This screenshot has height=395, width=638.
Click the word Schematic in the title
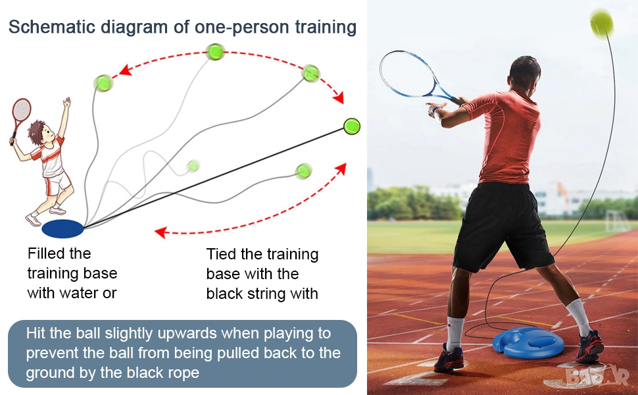click(x=52, y=27)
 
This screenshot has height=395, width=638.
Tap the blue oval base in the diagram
click(x=62, y=228)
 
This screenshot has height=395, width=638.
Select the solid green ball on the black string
click(x=351, y=126)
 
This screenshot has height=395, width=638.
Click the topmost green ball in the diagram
click(x=215, y=52)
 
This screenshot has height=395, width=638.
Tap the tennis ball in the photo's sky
click(x=601, y=24)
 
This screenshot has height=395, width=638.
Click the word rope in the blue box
click(x=184, y=373)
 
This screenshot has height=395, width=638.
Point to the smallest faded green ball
click(x=193, y=166)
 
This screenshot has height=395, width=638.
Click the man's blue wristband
click(x=436, y=111)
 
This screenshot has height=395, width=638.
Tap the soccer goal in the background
click(x=617, y=221)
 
